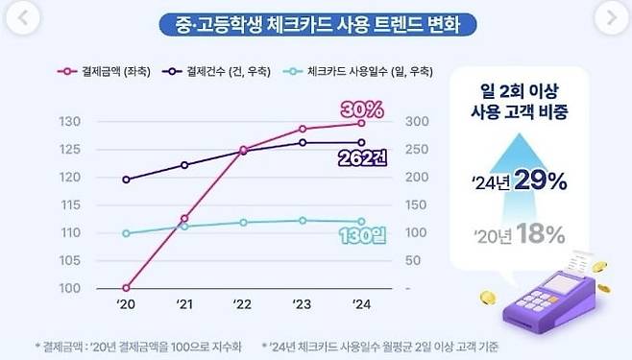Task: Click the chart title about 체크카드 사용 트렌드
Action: click(x=316, y=21)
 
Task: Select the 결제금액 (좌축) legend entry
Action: click(x=106, y=71)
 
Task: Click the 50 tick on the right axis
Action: click(x=411, y=260)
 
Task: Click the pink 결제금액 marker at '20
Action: click(x=126, y=288)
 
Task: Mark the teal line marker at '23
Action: click(x=303, y=220)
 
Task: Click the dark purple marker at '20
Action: click(x=126, y=180)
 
